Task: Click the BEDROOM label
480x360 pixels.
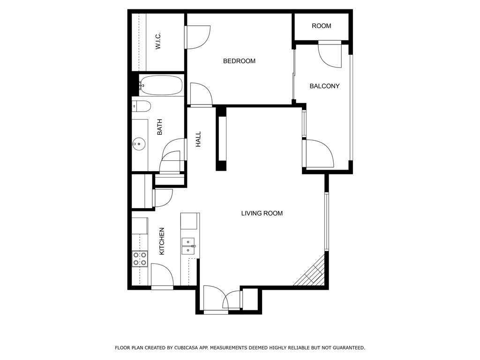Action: click(239, 61)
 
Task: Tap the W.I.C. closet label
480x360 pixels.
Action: click(158, 41)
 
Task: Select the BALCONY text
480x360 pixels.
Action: click(324, 86)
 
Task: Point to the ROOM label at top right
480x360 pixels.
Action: click(322, 26)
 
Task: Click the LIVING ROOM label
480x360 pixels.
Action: click(262, 213)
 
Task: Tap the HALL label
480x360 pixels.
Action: click(198, 139)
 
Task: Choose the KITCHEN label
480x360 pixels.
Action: click(162, 241)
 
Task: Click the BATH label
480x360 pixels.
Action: click(159, 127)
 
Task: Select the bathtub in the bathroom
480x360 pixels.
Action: click(160, 85)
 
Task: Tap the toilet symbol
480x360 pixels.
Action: click(141, 106)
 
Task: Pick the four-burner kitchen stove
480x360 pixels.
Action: click(140, 259)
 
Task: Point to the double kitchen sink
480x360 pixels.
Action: click(188, 246)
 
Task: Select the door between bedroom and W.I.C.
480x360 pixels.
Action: click(197, 37)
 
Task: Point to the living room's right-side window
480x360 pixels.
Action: click(326, 221)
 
